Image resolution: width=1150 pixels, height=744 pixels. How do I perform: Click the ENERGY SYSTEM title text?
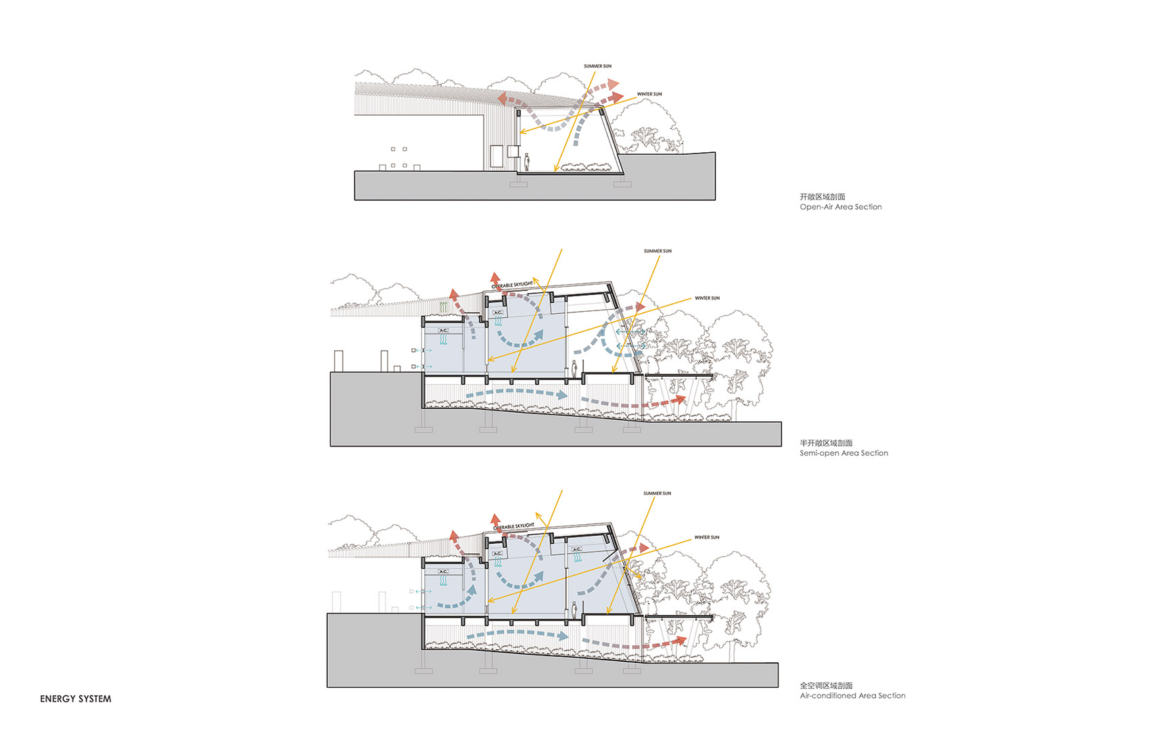click(x=75, y=699)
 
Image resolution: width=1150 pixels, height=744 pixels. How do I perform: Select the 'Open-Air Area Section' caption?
click(x=840, y=207)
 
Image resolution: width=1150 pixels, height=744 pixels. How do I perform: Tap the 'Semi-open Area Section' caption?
click(x=844, y=453)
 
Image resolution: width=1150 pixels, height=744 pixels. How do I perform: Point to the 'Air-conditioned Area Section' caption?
click(x=852, y=695)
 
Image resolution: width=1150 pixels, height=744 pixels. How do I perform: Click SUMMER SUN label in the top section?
click(x=597, y=66)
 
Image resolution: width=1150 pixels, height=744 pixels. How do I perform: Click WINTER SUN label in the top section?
click(x=649, y=94)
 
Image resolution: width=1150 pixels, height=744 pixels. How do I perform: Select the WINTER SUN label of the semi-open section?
click(x=707, y=298)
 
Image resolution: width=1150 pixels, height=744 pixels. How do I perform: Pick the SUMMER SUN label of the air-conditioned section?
click(x=657, y=493)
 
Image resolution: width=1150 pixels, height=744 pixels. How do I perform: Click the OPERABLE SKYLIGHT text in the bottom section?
click(x=513, y=526)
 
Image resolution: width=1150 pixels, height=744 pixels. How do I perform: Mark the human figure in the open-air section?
click(x=527, y=162)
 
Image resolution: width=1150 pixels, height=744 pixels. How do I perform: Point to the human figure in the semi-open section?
click(x=574, y=369)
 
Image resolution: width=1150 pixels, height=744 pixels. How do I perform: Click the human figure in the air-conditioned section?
click(x=574, y=610)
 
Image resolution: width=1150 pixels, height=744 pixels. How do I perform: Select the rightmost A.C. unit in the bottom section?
click(x=576, y=550)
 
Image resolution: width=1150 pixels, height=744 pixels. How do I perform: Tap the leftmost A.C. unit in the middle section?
click(x=443, y=331)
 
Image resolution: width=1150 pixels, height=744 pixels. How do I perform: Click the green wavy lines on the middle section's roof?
click(x=443, y=308)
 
